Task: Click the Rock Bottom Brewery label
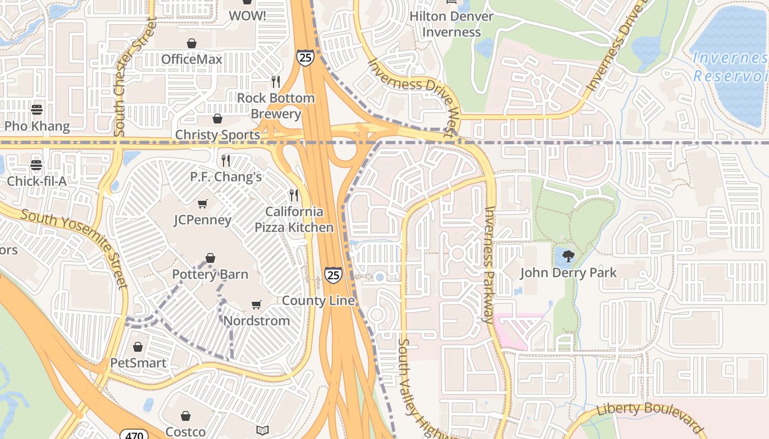click(276, 106)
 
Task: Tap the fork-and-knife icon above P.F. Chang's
click(225, 161)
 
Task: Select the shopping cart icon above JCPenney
click(203, 204)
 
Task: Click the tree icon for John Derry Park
click(568, 256)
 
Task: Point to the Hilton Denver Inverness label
click(452, 24)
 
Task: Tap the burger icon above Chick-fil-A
click(36, 165)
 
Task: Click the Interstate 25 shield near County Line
click(333, 274)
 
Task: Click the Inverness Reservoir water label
click(729, 66)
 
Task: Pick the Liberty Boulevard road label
click(649, 417)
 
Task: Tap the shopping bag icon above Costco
click(186, 416)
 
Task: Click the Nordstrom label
click(257, 320)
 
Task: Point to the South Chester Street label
click(120, 77)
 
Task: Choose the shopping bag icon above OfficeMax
click(192, 43)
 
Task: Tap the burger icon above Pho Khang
click(37, 110)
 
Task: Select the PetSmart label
click(138, 363)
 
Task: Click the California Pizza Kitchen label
click(294, 219)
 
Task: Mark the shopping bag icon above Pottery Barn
click(210, 258)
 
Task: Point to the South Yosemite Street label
click(74, 247)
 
